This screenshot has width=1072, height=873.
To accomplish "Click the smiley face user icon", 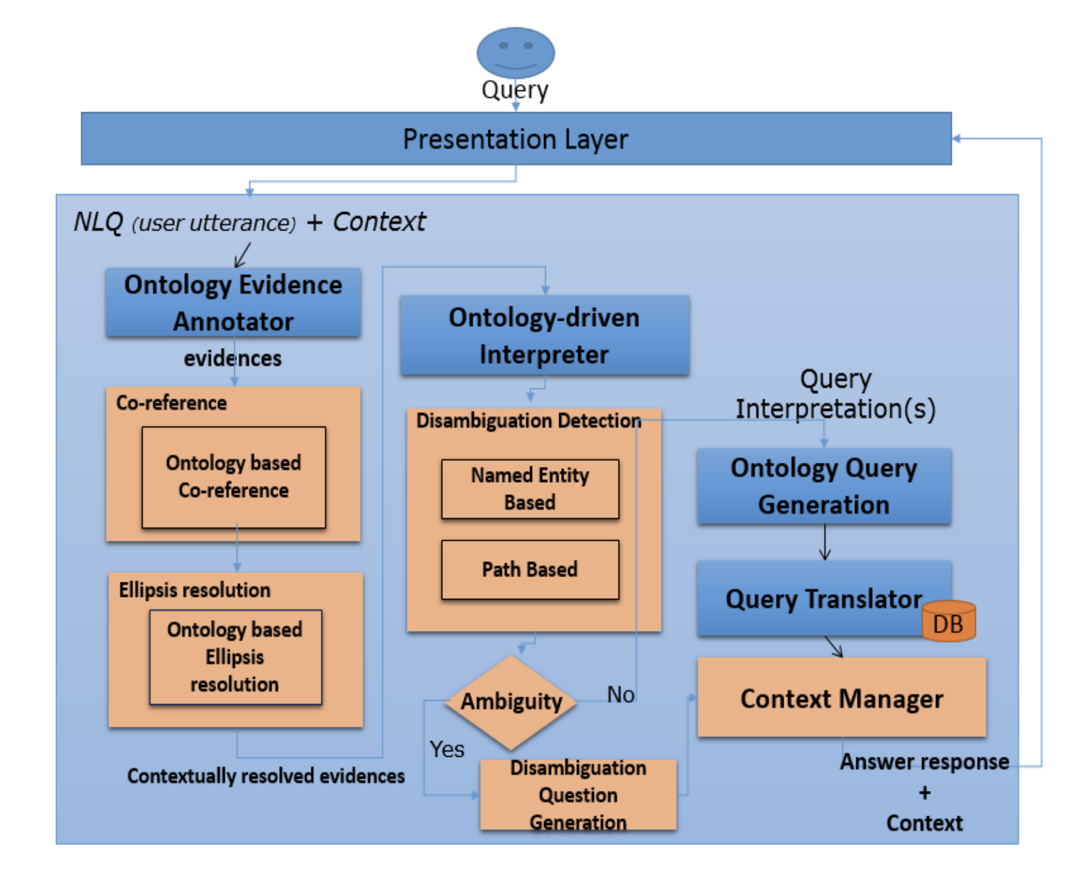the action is click(516, 53).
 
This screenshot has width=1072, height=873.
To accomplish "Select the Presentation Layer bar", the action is click(516, 139).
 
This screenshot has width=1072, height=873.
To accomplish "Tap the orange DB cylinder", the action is click(948, 621).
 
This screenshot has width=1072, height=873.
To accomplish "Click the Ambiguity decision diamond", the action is click(511, 703).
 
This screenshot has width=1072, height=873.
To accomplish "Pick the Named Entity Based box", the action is click(530, 489).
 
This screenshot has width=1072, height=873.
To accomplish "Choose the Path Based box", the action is click(530, 569).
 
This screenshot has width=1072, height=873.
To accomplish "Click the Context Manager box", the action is click(842, 697).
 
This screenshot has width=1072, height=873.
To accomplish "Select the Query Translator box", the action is click(824, 598).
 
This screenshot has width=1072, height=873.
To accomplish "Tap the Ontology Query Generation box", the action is click(824, 486).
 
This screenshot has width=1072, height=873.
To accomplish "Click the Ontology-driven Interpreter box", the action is click(545, 335).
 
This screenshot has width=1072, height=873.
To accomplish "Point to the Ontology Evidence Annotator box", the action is click(233, 302).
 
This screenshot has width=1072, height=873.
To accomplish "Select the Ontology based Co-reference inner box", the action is click(234, 477).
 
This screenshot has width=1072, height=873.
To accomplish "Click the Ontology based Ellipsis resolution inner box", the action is click(235, 657).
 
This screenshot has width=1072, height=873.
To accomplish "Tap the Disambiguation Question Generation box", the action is click(578, 794).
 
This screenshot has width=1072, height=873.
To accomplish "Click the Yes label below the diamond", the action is click(447, 749).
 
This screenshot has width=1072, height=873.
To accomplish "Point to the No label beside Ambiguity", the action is click(620, 695).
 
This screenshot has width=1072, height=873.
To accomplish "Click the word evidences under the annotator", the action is click(232, 359).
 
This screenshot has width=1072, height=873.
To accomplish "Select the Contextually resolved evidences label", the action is click(266, 776).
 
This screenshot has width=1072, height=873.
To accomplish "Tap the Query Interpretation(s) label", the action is click(836, 394).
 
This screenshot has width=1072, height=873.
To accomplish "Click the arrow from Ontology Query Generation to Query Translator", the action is click(824, 542).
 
